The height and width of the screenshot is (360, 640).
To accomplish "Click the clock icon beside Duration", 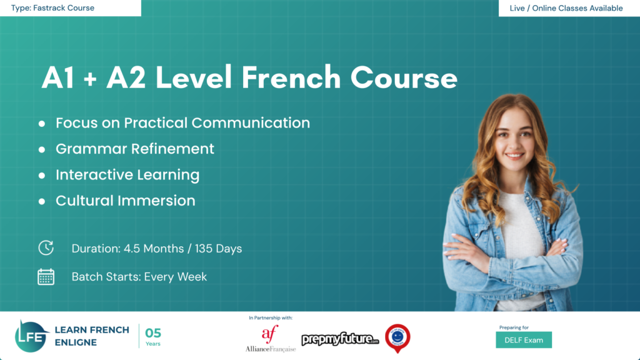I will coord(46,247).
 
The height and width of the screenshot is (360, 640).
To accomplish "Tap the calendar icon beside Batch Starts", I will coord(46,276).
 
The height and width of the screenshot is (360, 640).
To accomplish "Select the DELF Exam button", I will coord(524,340).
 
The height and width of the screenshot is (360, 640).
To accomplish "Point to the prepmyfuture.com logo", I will coord(341,339).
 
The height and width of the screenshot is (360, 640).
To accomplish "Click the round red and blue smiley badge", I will coord(397,337).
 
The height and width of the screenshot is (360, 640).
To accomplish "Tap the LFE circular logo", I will coord(32,336).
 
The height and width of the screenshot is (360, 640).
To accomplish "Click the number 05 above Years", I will coord(153,332).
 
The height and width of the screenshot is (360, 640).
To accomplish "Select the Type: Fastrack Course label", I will coord(52,8).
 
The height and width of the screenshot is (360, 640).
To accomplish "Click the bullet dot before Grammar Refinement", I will coord(42,150).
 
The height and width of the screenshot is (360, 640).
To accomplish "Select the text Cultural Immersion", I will coord(125,201).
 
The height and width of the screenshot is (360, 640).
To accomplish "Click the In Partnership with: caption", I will coord(270,318).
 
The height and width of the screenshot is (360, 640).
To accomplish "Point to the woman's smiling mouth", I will coord(514,155).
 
